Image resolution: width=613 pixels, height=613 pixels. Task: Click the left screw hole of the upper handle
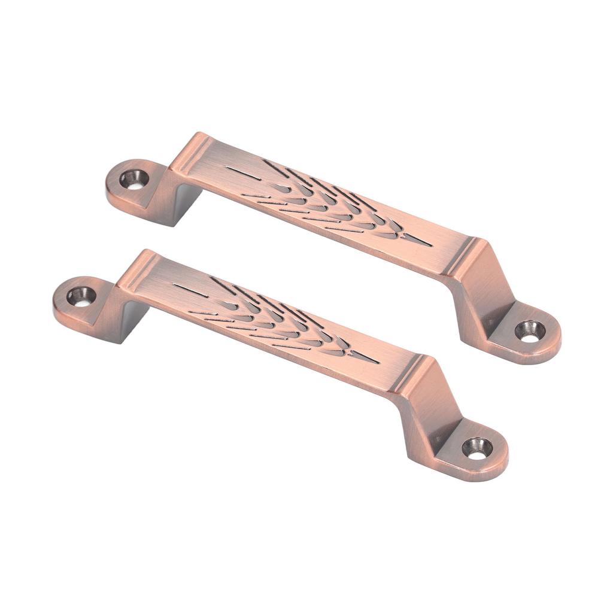pos(135,178)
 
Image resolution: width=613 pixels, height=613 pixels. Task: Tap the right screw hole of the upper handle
pos(530,330)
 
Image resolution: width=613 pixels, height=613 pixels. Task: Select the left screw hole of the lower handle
pos(81,296)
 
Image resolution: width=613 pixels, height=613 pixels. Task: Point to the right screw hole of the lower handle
pos(477,447)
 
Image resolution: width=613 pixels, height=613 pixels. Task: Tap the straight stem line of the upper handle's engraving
pos(242,172)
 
